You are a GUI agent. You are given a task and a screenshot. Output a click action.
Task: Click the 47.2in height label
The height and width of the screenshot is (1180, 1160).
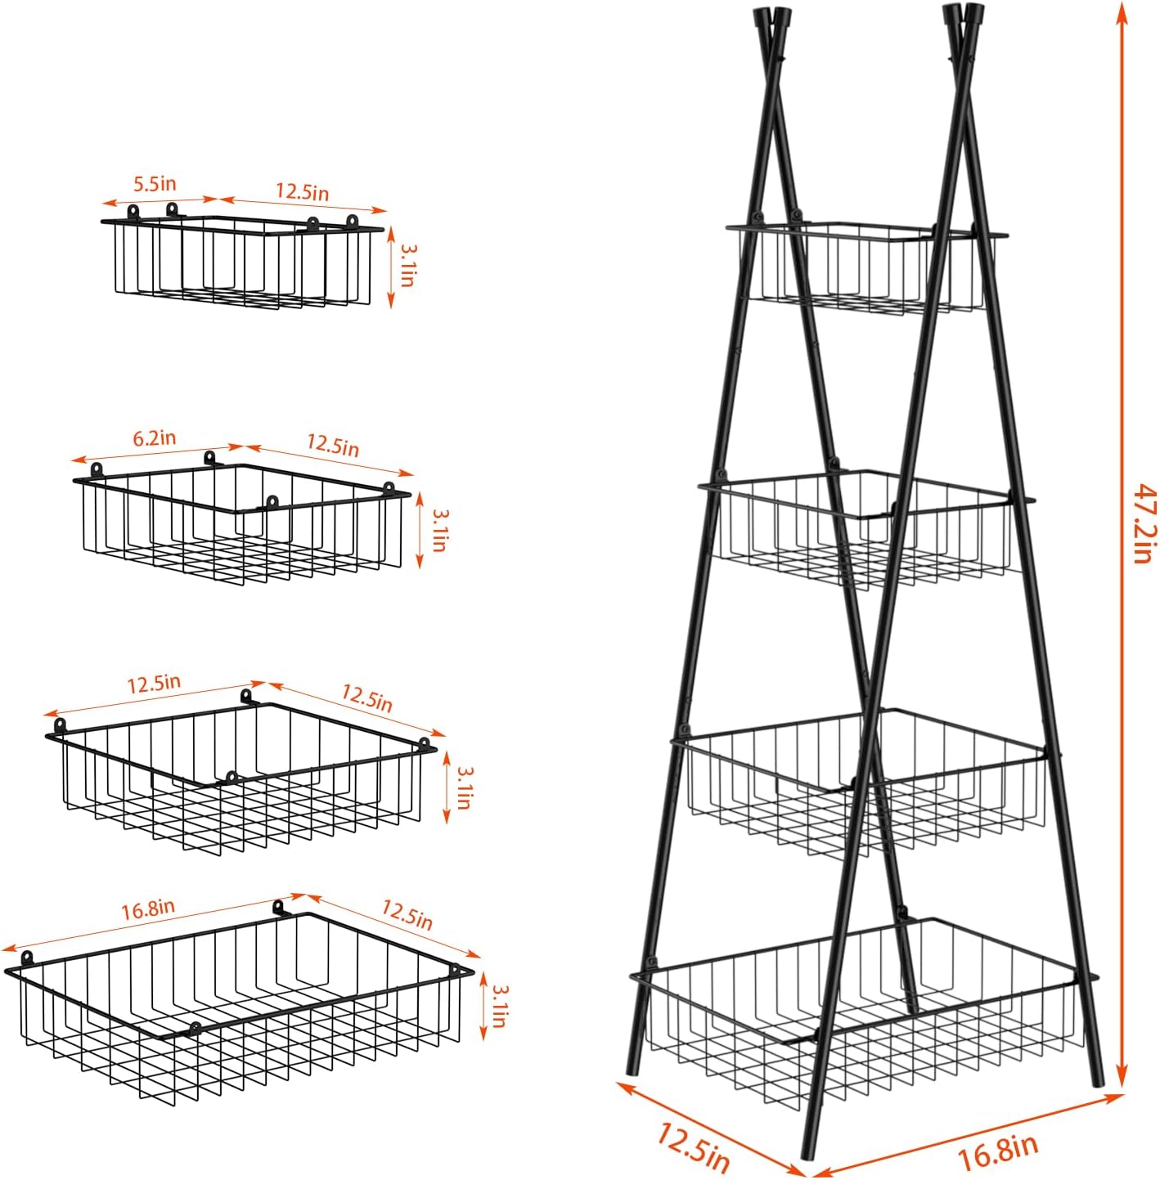click(1144, 523)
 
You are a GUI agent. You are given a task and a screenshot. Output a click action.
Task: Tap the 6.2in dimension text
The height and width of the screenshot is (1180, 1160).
click(155, 438)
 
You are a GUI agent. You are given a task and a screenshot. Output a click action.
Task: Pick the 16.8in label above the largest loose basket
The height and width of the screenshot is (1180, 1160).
click(148, 909)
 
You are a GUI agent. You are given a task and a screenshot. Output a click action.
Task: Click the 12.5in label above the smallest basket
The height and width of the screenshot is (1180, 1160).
click(302, 193)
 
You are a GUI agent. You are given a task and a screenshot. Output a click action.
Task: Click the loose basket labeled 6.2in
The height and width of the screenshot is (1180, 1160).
click(241, 523)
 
